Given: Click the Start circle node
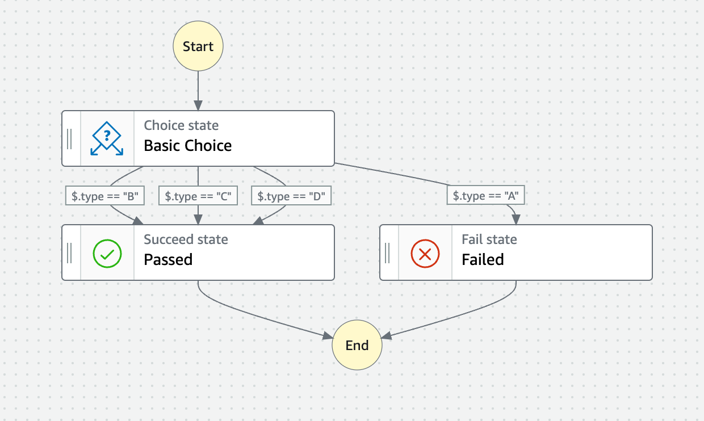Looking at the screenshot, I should tap(198, 47).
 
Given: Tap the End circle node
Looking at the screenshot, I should tap(357, 346).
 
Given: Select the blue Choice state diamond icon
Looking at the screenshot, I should tap(107, 138).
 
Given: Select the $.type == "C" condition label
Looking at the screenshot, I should tap(198, 196).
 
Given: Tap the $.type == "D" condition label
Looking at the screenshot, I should tap(291, 196).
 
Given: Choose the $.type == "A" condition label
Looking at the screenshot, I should tap(486, 196).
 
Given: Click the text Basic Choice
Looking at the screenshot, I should tap(188, 146).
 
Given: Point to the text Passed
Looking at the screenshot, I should tap(168, 260).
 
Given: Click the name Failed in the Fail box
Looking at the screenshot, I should tap(483, 260).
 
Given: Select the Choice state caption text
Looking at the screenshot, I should tap(181, 125).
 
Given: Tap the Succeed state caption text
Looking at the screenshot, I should tap(186, 239).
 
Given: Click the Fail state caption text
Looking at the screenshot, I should tap(489, 239).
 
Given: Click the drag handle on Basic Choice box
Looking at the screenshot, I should tap(70, 138).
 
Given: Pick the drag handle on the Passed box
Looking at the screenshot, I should tap(70, 253).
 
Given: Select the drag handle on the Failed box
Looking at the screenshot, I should tap(388, 253).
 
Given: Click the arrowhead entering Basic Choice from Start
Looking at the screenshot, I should tap(198, 106).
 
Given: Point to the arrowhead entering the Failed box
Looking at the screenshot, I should tap(516, 220).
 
